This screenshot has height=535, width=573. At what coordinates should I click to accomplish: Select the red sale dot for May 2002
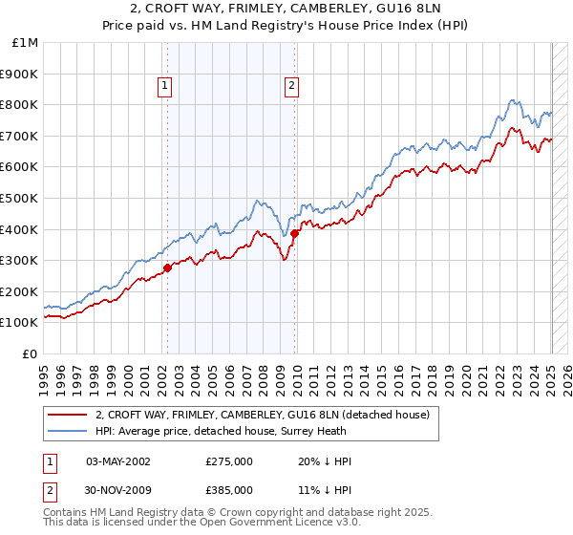coord(167,267)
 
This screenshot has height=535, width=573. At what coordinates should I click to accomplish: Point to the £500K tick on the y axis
coord(19,198)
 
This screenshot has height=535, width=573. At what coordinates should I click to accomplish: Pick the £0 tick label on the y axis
coord(31,353)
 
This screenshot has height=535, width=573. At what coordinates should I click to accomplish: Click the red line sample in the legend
coord(68,415)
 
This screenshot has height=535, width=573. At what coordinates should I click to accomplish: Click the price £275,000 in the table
coord(229,461)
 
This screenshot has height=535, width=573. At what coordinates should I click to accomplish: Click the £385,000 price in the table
coord(229,494)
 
